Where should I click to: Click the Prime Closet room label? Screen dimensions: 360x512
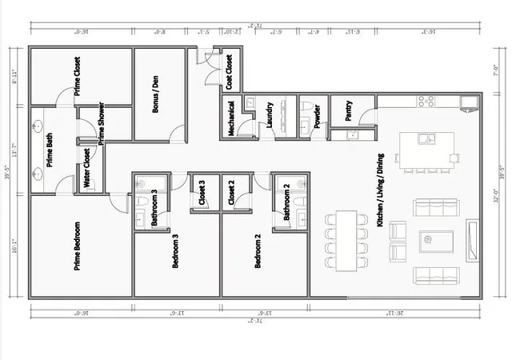(78, 76)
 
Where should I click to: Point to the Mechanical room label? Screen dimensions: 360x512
(231, 118)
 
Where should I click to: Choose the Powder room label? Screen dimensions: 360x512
(318, 115)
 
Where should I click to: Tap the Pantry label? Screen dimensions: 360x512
(349, 111)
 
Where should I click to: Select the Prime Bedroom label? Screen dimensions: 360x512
(78, 246)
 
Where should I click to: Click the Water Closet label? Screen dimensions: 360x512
(87, 169)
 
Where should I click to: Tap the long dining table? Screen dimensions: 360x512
(346, 239)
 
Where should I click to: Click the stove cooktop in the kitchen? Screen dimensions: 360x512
(426, 101)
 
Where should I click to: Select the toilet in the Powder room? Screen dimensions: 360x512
(307, 106)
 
